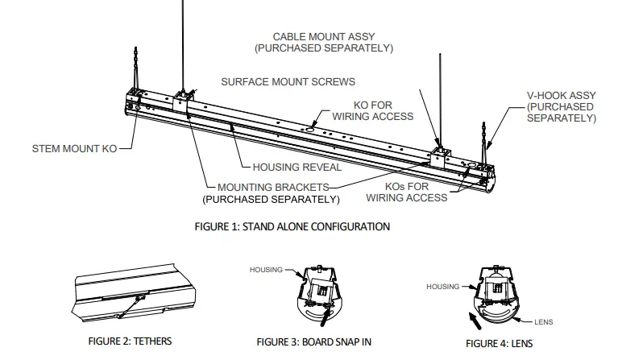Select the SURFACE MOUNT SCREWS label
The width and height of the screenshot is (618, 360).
pos(288,82)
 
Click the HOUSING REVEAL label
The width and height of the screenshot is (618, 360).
pos(297,168)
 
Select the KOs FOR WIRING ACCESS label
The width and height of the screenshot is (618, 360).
pos(406,192)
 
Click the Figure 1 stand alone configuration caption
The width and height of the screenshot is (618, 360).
pos(292,226)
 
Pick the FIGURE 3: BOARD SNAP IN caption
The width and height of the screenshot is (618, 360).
pos(314,341)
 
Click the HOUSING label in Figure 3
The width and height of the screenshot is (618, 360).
pos(266,270)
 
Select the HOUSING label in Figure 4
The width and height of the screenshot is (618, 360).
pos(442,286)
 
